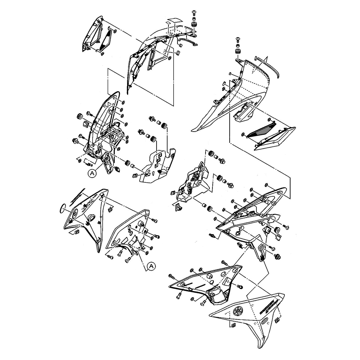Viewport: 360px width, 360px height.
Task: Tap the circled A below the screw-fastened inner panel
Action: point(152,266)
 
